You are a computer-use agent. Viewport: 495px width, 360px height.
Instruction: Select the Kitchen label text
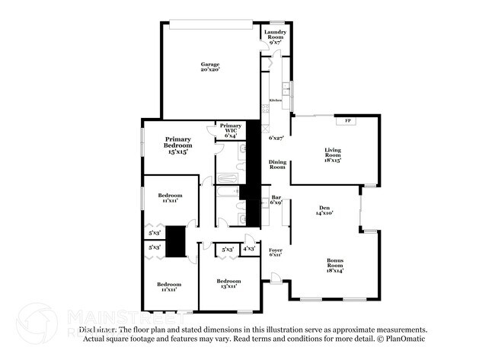click(275, 100)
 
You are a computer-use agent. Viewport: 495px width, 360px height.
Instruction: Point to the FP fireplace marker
click(348, 122)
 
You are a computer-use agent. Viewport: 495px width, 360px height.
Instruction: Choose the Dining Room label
click(277, 164)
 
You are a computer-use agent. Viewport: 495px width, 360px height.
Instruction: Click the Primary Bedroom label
click(178, 143)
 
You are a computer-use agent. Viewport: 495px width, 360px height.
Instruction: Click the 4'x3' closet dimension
click(249, 249)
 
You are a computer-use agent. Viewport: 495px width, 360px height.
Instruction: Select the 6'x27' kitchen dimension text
click(276, 139)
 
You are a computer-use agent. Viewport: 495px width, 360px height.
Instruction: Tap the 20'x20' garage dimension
click(209, 70)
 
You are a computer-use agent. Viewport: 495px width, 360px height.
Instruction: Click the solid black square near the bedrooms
click(176, 241)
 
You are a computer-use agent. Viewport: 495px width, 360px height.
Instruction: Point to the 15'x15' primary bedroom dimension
click(178, 152)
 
